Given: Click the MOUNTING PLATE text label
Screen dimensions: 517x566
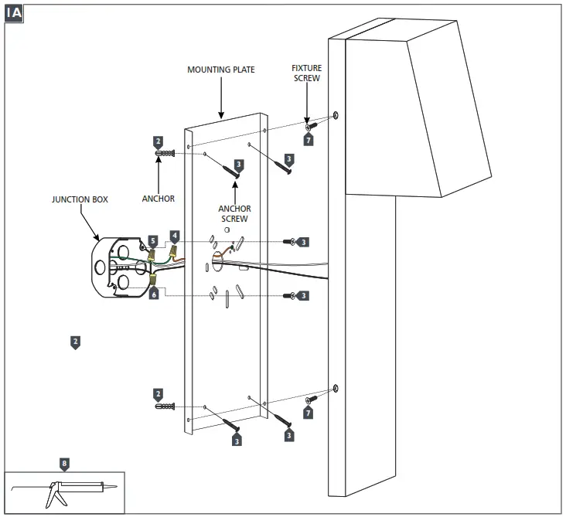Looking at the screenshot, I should [221, 70].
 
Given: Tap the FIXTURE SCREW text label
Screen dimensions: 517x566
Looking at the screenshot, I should [307, 73].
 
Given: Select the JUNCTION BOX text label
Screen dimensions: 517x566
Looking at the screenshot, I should [80, 199].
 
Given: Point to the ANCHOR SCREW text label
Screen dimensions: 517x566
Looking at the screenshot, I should [234, 214].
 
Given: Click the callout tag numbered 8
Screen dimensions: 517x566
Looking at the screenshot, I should [64, 464].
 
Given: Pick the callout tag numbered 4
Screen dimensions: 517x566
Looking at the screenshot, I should [176, 235].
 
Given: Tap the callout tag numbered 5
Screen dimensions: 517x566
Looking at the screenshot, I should [153, 241].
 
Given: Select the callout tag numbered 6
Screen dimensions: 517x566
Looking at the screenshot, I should [154, 294].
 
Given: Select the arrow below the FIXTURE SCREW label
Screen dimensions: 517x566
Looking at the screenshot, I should [307, 104].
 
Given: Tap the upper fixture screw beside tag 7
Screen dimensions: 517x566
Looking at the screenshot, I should [312, 125].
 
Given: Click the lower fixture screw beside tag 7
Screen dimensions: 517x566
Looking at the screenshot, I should [312, 400].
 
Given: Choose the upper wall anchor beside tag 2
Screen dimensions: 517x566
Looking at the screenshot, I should [166, 154].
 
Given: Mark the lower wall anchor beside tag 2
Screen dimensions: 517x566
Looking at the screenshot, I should [166, 406].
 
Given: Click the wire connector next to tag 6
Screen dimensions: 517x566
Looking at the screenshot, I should [154, 280].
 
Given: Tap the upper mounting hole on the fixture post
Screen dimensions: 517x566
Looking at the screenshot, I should [336, 116].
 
